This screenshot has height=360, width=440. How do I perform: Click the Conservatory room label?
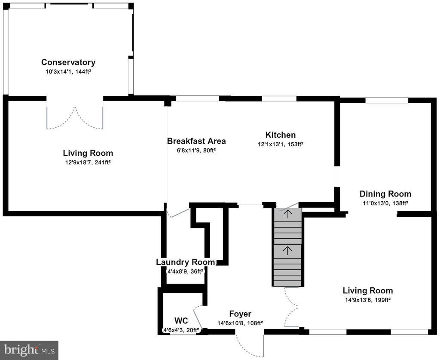(x=68, y=62)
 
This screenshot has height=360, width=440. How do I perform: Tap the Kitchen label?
(x=280, y=135)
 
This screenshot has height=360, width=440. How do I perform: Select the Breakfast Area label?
(x=196, y=141)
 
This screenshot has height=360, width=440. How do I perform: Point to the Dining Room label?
(x=385, y=194)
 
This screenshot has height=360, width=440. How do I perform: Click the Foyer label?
(x=240, y=314)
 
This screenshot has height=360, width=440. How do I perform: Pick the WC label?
(x=181, y=321)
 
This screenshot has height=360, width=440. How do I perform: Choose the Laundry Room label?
(x=186, y=262)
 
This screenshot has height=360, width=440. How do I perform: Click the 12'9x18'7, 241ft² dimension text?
(x=88, y=162)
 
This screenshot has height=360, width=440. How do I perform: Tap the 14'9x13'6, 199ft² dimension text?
(x=368, y=300)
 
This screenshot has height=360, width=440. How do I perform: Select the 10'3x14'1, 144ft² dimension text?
(x=68, y=71)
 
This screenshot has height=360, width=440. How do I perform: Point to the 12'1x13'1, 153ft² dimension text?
(x=281, y=145)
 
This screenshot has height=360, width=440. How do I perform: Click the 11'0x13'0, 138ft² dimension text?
(x=385, y=203)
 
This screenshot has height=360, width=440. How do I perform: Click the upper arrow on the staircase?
(x=287, y=214)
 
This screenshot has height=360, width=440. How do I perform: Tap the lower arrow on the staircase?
(x=287, y=250)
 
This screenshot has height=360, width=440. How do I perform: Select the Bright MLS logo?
(x=29, y=350)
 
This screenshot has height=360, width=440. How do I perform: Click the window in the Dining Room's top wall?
(x=386, y=101)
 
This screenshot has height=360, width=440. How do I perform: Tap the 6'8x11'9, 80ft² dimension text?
(x=196, y=150)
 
